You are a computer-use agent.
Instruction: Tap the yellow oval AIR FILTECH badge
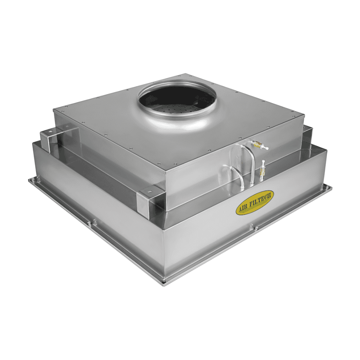[255, 202]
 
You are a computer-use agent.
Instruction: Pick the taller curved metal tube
[248, 161]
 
